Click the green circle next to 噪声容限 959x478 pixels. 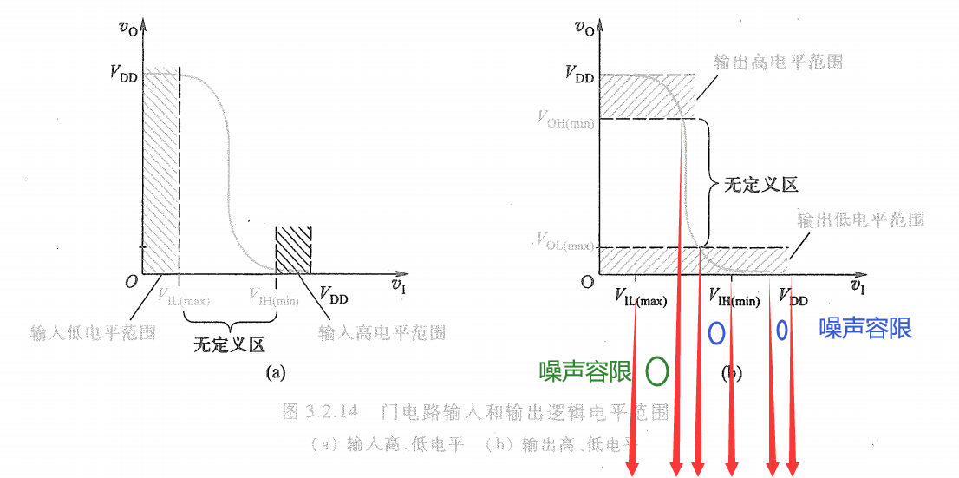[657, 371]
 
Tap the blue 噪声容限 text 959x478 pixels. [865, 328]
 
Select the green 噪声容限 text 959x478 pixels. [585, 371]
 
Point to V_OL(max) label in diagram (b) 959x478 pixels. [565, 240]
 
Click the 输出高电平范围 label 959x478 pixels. [778, 62]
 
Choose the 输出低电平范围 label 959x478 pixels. [860, 219]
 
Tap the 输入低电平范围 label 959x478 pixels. [93, 332]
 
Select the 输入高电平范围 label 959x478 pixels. [382, 332]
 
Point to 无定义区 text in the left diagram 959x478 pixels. [228, 344]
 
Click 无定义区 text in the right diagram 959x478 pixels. [761, 185]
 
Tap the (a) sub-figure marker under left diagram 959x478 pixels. [275, 372]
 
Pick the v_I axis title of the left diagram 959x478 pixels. [398, 285]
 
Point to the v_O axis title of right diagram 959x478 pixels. [584, 29]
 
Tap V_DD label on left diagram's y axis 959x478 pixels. [123, 73]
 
